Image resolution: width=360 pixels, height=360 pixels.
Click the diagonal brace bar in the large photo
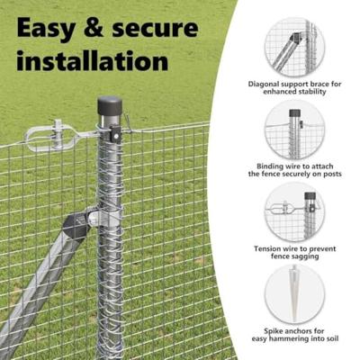[36, 288]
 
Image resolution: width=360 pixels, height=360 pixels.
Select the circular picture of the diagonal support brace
[294, 46]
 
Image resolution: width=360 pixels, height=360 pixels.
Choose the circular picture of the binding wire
[294, 130]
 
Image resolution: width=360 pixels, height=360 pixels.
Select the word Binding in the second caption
[266, 167]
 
